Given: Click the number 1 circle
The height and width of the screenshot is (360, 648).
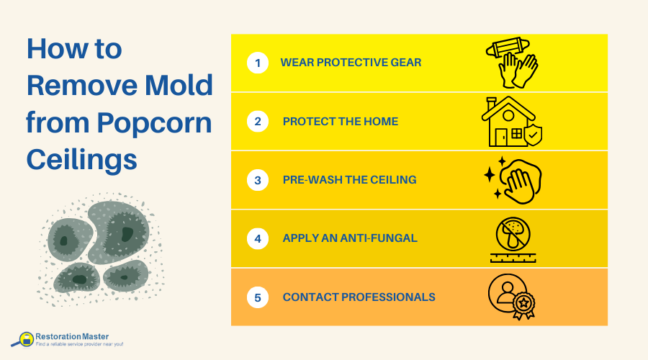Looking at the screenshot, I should [x=257, y=63].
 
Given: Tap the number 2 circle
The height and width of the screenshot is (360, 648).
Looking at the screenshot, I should [x=257, y=122].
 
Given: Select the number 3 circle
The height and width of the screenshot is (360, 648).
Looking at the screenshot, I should [x=257, y=179].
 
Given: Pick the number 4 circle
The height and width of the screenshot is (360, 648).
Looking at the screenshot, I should [x=257, y=238].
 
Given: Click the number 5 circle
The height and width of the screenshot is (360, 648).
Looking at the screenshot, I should [x=257, y=297].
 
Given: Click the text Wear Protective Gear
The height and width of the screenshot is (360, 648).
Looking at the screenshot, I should [x=351, y=63].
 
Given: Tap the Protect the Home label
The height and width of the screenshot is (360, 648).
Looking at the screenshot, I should [x=341, y=122].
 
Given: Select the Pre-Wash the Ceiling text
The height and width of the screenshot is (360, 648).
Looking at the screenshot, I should [x=349, y=180].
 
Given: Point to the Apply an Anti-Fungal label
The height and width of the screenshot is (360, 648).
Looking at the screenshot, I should [x=350, y=238].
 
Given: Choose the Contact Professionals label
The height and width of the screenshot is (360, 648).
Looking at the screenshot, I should [x=359, y=297].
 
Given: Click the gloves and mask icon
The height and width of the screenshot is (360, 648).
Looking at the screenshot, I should [x=513, y=63].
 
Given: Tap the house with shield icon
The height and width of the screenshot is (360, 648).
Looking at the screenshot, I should [x=511, y=122].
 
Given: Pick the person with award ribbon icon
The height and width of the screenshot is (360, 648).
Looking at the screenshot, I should [x=512, y=296].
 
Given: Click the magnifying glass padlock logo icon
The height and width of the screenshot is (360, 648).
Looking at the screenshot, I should [x=24, y=339].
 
